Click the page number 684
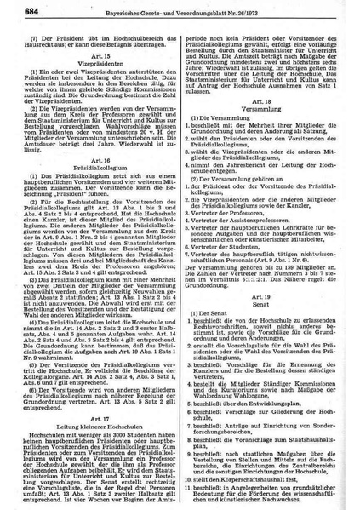click(x=17, y=11)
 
